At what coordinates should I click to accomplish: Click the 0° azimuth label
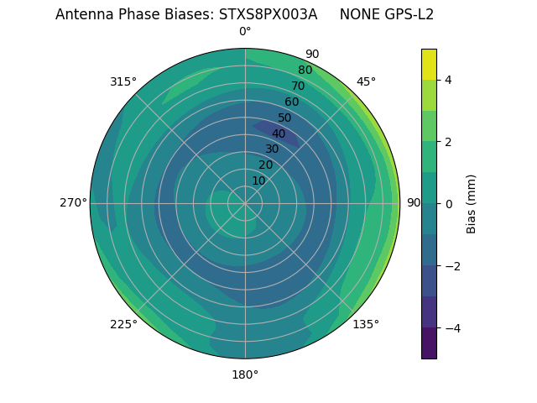(x=245, y=32)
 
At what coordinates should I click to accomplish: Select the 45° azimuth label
(x=367, y=81)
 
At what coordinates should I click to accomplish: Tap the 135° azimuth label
(x=366, y=324)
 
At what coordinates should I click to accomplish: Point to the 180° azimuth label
(x=245, y=374)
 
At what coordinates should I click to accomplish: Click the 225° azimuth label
(x=123, y=324)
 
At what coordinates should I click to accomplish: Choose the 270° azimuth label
(x=73, y=202)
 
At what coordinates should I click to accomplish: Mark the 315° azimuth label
(x=123, y=81)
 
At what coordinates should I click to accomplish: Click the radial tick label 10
(x=259, y=181)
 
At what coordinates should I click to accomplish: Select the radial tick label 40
(x=279, y=133)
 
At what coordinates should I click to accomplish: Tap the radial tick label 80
(x=305, y=71)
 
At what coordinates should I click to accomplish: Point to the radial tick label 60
(x=292, y=102)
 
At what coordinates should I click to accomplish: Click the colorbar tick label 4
(x=448, y=80)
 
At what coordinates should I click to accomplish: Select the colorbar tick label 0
(x=448, y=204)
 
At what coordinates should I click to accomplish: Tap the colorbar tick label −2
(x=451, y=266)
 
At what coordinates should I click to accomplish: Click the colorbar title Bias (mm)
(x=472, y=204)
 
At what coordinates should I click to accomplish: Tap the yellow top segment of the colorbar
(x=429, y=64)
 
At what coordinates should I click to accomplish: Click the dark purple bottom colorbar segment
(x=429, y=343)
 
